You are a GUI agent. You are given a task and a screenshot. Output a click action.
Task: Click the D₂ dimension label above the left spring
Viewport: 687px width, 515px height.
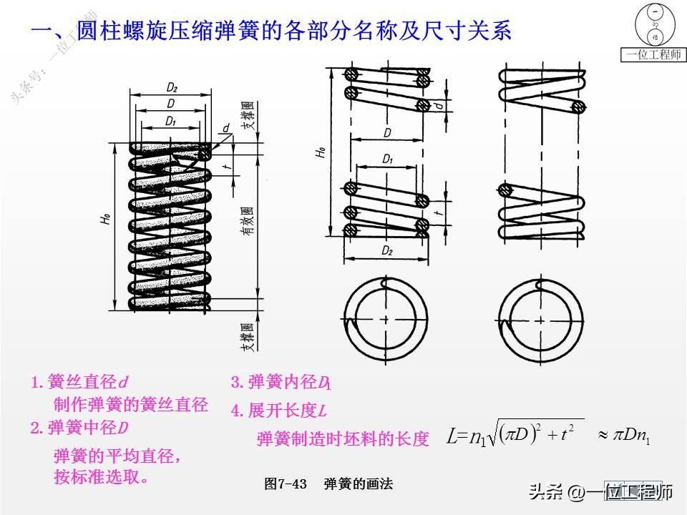(172, 87)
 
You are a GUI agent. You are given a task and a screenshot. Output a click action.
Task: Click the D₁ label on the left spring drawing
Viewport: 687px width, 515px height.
(170, 121)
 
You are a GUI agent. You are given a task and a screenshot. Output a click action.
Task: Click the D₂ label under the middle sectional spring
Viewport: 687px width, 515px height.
(387, 251)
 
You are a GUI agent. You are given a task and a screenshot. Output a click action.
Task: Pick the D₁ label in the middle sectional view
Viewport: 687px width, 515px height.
(387, 159)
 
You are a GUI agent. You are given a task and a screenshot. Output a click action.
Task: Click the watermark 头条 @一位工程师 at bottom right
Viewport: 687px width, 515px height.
(601, 492)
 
